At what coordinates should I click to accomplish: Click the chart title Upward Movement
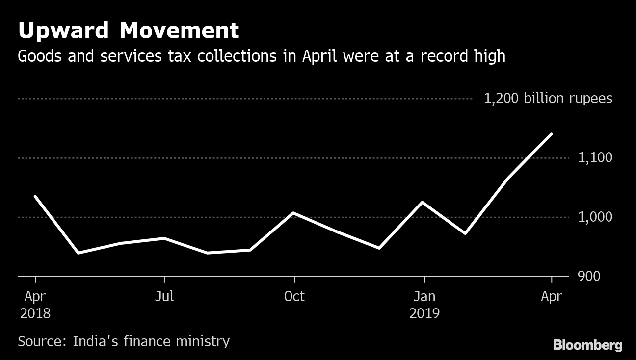pyautogui.click(x=129, y=30)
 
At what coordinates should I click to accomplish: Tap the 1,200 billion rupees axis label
pyautogui.click(x=548, y=99)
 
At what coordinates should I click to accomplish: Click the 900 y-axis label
pyautogui.click(x=589, y=277)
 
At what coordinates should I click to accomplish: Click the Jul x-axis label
pyautogui.click(x=164, y=296)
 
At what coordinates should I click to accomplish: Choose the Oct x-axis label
pyautogui.click(x=294, y=296)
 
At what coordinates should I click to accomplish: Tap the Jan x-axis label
pyautogui.click(x=424, y=296)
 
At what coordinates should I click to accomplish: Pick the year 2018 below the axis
pyautogui.click(x=35, y=313)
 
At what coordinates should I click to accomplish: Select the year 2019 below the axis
pyautogui.click(x=424, y=313)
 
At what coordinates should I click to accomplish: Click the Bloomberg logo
pyautogui.click(x=587, y=345)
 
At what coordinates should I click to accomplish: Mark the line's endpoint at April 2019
pyautogui.click(x=552, y=134)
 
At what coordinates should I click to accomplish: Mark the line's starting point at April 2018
pyautogui.click(x=35, y=196)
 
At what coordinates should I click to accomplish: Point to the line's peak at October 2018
pyautogui.click(x=293, y=213)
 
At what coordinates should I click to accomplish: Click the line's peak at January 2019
pyautogui.click(x=423, y=202)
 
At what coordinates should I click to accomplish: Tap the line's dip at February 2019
pyautogui.click(x=465, y=233)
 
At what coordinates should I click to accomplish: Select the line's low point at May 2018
pyautogui.click(x=79, y=253)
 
